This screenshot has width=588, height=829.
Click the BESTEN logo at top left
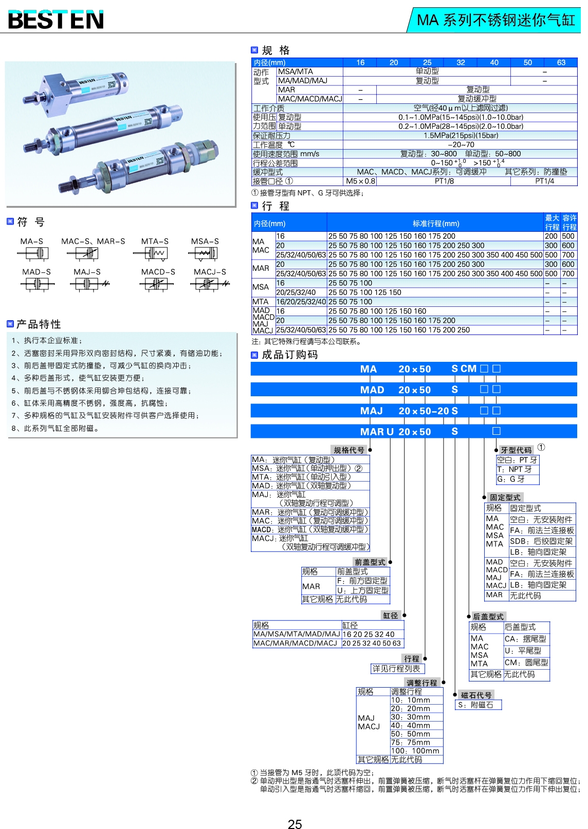coord(56,20)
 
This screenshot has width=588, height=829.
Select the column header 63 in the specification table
coord(561,63)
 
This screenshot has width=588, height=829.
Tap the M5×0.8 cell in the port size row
coord(360,181)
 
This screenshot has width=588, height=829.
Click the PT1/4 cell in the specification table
coord(544,181)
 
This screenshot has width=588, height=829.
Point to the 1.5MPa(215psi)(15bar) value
coord(461,136)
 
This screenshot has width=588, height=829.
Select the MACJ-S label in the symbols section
coord(210,272)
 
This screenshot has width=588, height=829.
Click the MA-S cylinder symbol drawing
coord(33,253)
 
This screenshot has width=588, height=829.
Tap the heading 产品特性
coord(39,324)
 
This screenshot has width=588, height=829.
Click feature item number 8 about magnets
coord(55,428)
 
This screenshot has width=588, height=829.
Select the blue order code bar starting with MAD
coord(413,390)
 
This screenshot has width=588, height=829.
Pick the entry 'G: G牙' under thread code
coord(511,479)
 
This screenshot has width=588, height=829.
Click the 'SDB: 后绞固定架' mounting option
coord(541,541)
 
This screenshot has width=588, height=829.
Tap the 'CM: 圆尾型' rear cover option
coord(526,663)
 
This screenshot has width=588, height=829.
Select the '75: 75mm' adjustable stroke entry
coord(410,742)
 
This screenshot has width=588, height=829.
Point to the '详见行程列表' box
coord(396,669)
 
